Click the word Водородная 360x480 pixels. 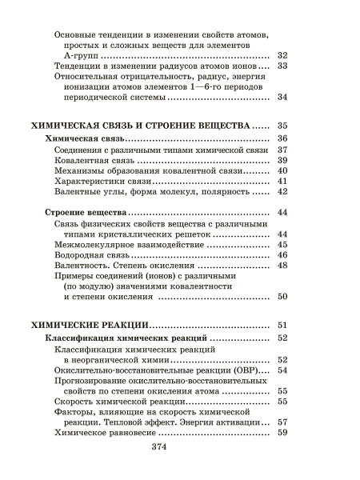click(82, 254)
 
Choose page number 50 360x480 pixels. click(282, 297)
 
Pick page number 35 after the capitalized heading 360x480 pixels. click(282, 126)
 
